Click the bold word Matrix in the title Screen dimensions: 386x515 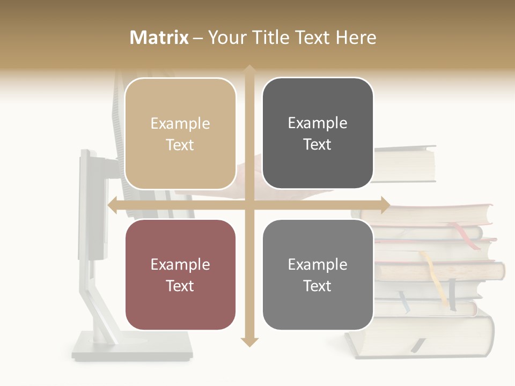(x=159, y=38)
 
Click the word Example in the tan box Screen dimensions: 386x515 (x=180, y=124)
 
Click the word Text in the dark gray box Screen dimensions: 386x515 (x=318, y=144)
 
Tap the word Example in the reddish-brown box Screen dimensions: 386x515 (x=180, y=264)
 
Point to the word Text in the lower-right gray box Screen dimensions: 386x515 (x=318, y=286)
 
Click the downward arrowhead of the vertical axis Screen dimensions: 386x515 (x=249, y=342)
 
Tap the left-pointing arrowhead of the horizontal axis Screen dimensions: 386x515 (x=112, y=205)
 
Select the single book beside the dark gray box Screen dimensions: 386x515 (x=404, y=164)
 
